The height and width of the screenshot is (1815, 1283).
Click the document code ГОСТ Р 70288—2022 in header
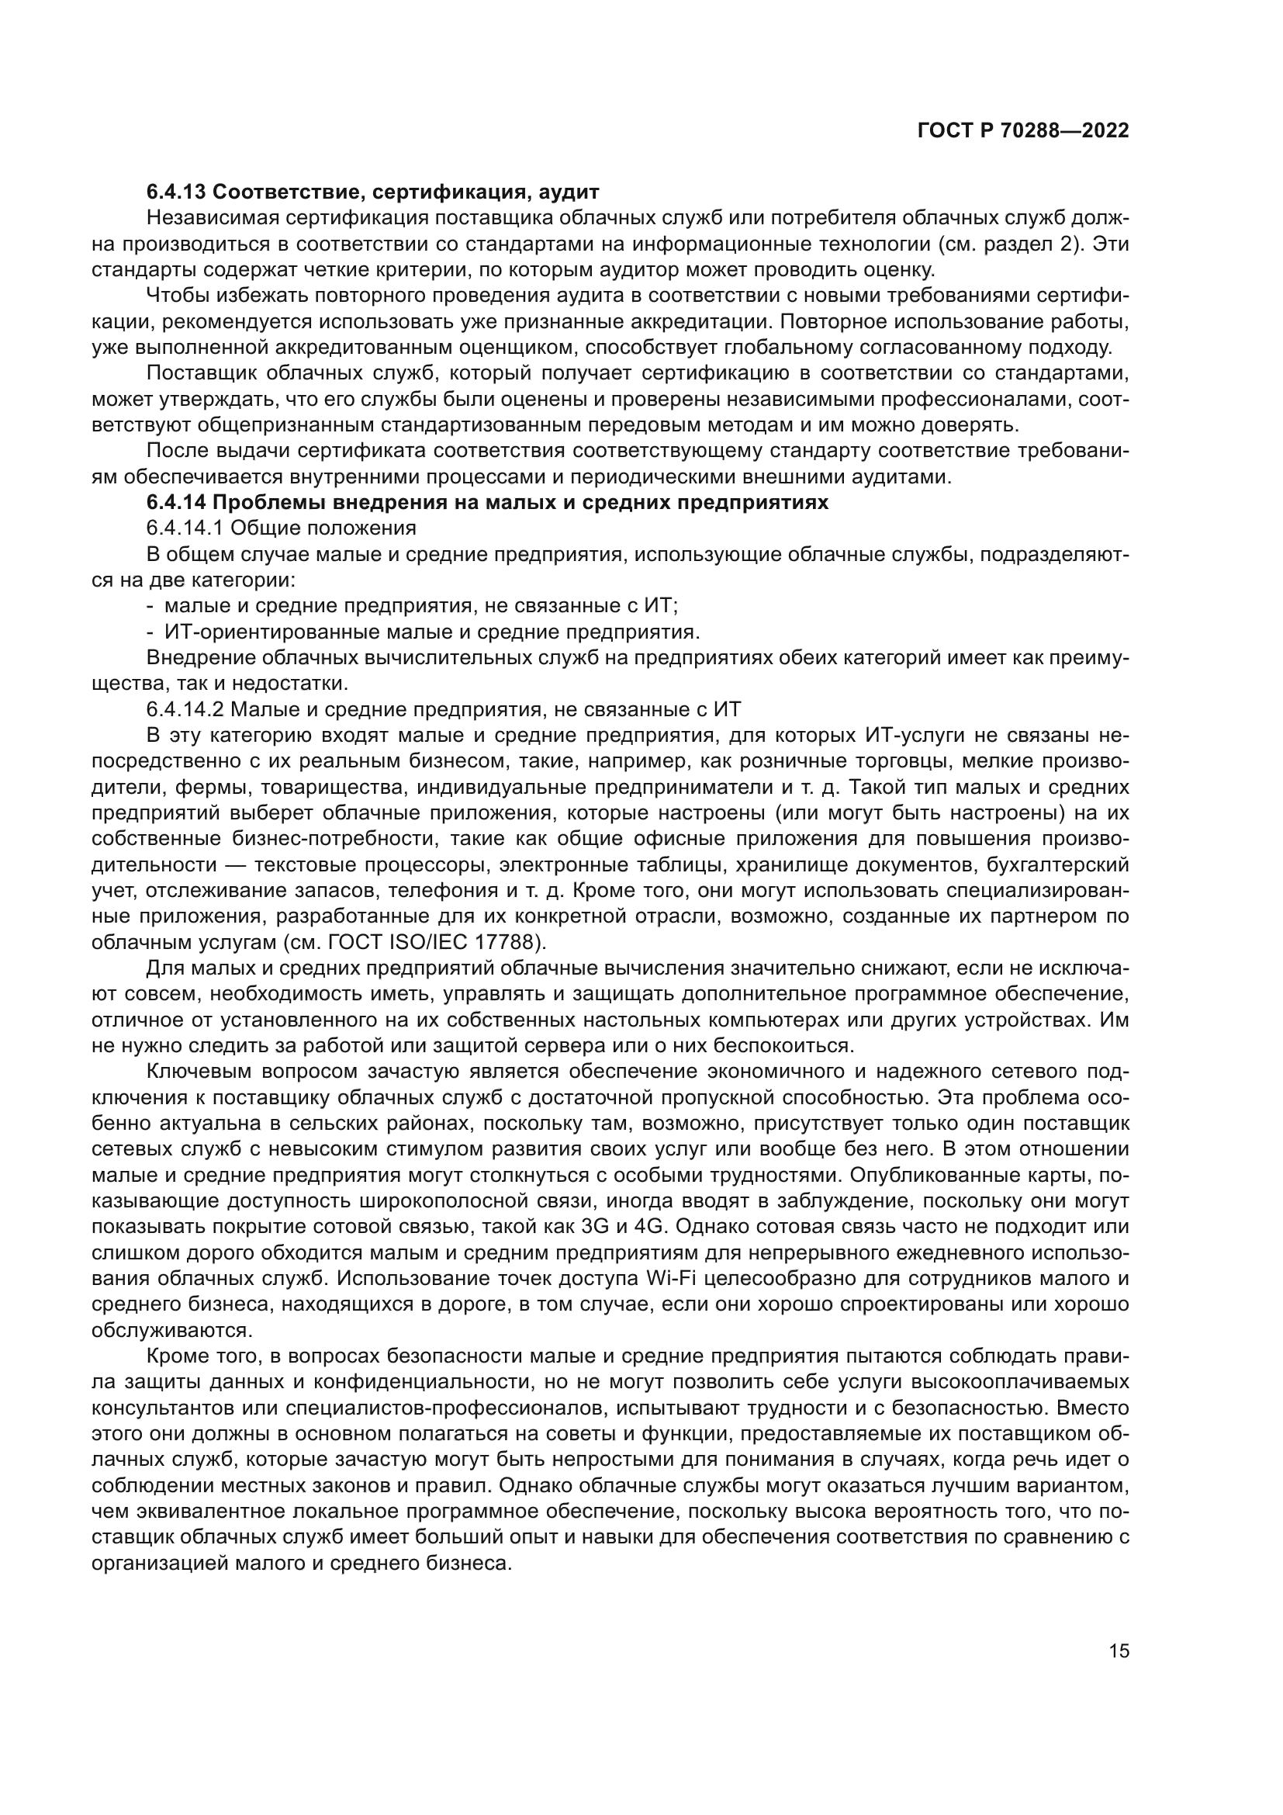pyautogui.click(x=1023, y=130)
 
